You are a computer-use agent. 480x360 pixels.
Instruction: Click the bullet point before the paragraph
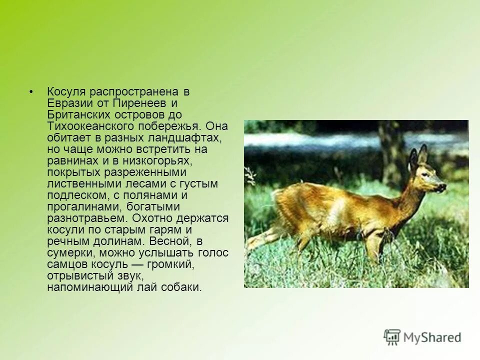coord(31,92)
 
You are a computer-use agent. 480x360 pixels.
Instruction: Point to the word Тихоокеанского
coord(89,126)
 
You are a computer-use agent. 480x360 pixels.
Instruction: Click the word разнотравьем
coord(86,218)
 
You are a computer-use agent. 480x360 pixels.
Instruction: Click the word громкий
coord(170,264)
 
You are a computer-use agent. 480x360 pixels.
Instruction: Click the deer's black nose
coord(443,187)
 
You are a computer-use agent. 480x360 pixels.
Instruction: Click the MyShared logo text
coord(432,337)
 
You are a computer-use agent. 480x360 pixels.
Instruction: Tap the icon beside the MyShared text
coord(392,337)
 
